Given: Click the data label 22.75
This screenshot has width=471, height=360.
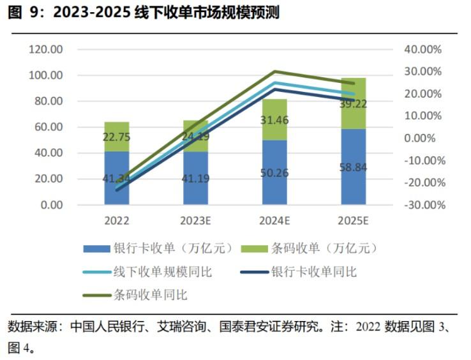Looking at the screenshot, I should click(x=117, y=136).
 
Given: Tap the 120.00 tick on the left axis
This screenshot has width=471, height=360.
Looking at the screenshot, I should click(x=47, y=49).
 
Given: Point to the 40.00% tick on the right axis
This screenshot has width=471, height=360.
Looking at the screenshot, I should click(x=423, y=49).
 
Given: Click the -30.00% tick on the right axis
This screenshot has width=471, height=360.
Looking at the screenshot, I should click(x=422, y=206).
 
